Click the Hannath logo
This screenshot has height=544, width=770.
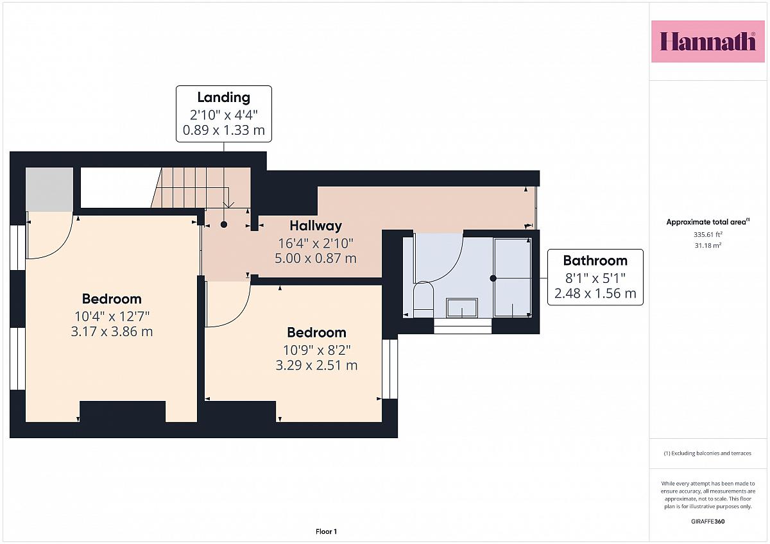point(708,42)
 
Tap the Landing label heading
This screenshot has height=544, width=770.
point(224,98)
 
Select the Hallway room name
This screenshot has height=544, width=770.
point(316,226)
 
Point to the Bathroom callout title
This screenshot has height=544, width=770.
point(595,261)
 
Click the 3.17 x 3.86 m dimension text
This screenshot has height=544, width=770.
point(112,332)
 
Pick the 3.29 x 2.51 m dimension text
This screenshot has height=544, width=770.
point(316,365)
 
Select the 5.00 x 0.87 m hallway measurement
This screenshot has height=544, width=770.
point(316,259)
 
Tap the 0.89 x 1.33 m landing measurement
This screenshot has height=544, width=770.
point(224,130)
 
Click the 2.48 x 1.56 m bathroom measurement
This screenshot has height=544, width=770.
point(595,293)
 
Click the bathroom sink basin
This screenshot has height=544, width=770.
point(461,307)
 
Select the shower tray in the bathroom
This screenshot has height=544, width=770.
point(513,277)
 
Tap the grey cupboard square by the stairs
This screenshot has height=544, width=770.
point(49,189)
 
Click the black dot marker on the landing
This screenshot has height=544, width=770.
point(224,225)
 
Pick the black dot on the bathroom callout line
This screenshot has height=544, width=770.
point(493,278)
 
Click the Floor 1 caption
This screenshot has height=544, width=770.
point(326,532)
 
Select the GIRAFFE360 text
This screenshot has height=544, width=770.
point(708,522)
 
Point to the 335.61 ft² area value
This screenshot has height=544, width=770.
point(708,235)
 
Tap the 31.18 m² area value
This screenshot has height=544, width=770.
point(708,245)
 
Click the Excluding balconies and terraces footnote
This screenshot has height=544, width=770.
point(707,454)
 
